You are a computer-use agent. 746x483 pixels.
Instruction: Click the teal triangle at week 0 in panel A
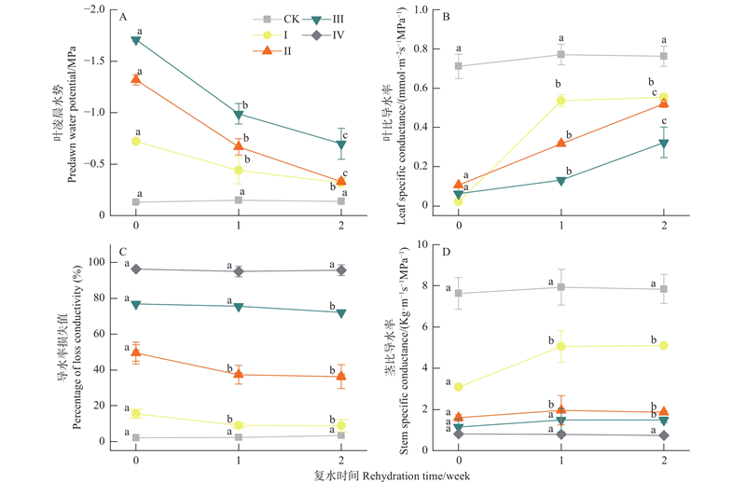tap(136, 40)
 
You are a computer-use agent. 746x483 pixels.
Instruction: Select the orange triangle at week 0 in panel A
tap(136, 79)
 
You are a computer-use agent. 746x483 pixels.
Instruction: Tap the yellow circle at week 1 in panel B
tap(561, 101)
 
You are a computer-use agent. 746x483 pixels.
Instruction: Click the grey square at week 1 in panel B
tap(561, 54)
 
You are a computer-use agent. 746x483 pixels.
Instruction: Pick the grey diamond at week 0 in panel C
tap(136, 269)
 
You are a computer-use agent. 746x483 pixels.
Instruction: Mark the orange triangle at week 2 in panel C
tap(341, 377)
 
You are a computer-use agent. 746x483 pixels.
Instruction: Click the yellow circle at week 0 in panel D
tap(459, 386)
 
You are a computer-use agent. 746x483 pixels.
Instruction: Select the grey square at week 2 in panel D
tap(664, 289)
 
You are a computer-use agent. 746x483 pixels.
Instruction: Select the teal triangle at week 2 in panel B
tap(664, 144)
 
